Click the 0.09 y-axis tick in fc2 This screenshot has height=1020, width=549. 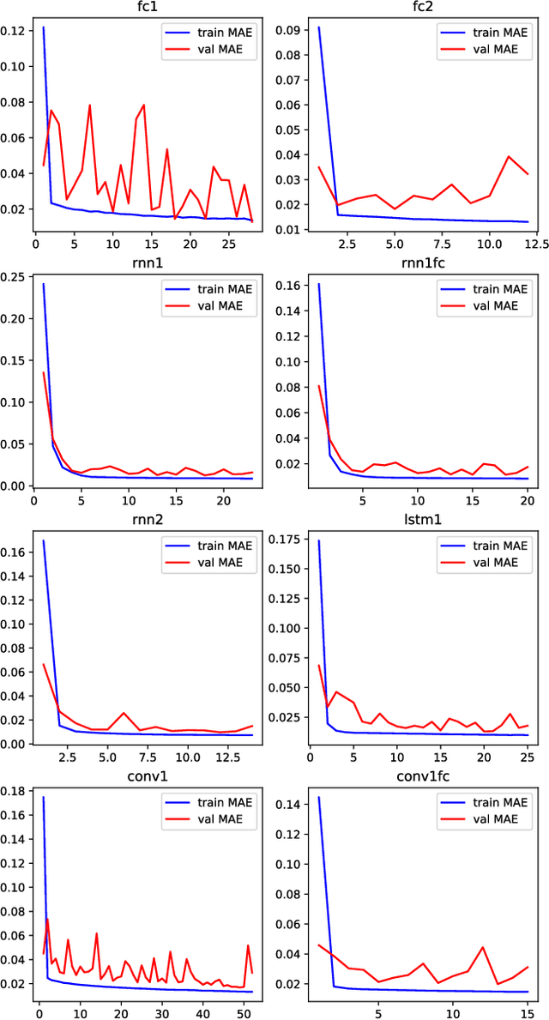(289, 30)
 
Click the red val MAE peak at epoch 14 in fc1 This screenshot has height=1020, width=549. (143, 105)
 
